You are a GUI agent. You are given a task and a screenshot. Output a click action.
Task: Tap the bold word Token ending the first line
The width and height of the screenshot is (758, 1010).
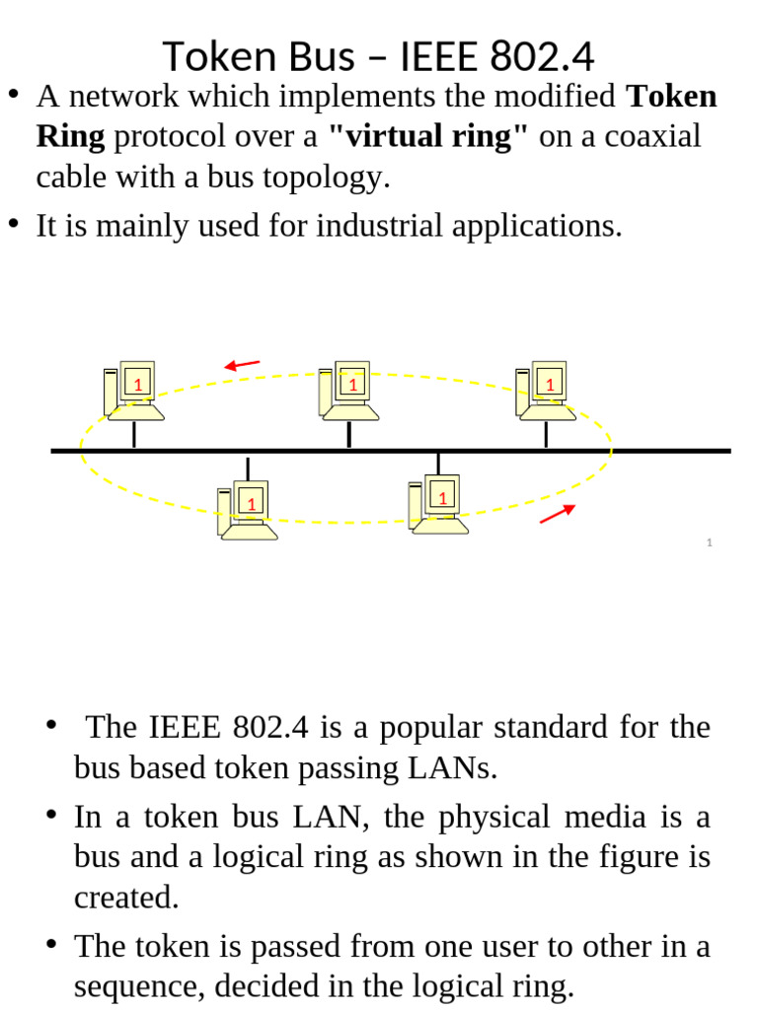tap(672, 97)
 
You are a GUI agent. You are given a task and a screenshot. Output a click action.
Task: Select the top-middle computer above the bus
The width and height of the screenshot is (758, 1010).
tap(346, 390)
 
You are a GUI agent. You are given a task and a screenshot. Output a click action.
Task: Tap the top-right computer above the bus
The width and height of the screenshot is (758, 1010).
tap(543, 390)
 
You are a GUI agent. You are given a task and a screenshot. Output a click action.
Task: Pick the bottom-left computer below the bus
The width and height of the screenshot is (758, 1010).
tap(247, 510)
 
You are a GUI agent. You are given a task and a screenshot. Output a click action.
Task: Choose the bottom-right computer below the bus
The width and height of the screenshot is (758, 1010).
tap(438, 504)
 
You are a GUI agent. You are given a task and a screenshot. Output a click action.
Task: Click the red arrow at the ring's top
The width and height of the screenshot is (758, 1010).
tap(242, 366)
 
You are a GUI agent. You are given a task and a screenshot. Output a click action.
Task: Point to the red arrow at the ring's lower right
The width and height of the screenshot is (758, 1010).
tap(558, 513)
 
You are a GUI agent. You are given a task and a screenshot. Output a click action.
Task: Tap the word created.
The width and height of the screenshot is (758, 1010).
tap(126, 898)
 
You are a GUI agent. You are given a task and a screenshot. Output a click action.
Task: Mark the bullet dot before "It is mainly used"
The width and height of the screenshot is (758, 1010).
tap(14, 223)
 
